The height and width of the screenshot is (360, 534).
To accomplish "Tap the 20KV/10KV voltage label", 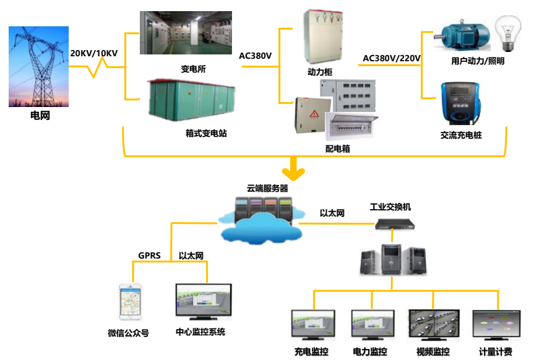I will pos(94,53).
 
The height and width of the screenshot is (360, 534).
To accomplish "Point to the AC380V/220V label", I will pos(392,58).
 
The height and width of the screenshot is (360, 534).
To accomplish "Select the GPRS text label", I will pos(150,255).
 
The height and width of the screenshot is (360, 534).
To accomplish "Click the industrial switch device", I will pos(394,224).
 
